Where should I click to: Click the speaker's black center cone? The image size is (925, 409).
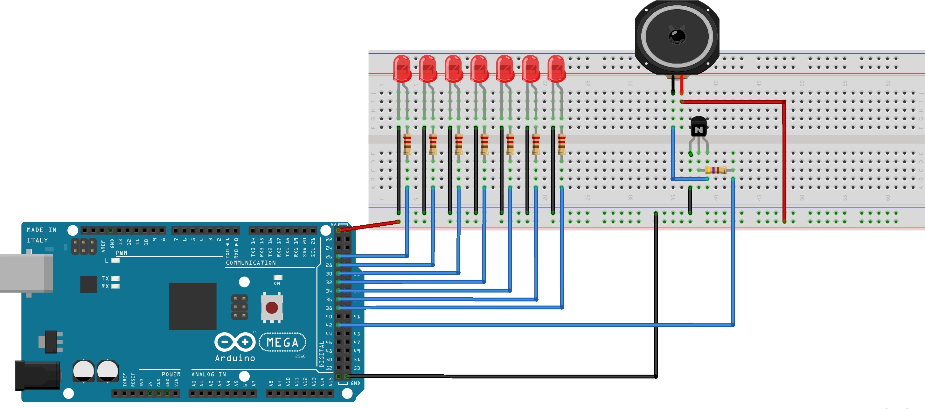[677, 36]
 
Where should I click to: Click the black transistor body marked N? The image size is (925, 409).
[699, 127]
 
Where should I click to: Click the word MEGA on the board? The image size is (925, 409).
[282, 342]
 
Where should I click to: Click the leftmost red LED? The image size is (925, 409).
[402, 68]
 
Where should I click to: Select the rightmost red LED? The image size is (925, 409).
[557, 68]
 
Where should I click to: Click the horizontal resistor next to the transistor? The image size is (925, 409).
[715, 170]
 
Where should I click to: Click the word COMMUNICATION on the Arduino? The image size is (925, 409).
[251, 263]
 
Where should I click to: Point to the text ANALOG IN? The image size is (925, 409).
[209, 374]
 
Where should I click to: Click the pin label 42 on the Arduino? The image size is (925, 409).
[329, 325]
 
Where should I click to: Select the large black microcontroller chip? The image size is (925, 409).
[193, 306]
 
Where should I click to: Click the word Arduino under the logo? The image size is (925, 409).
[235, 358]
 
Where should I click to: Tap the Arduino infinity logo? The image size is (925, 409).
[235, 342]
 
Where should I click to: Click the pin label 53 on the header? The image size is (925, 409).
[357, 368]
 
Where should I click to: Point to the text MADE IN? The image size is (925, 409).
[42, 230]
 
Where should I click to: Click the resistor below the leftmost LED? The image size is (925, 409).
[407, 144]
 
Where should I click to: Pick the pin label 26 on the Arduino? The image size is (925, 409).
[329, 257]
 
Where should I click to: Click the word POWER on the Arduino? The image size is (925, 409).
[171, 374]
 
